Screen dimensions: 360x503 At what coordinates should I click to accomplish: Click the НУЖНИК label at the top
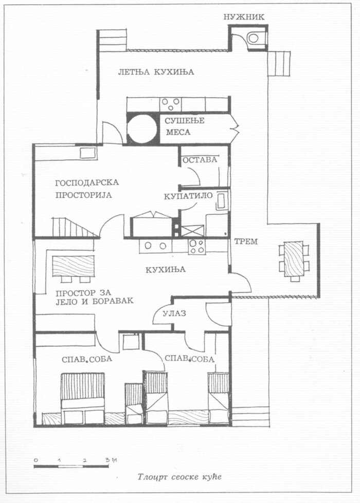(244, 17)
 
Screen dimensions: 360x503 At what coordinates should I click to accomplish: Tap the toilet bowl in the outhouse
(254, 38)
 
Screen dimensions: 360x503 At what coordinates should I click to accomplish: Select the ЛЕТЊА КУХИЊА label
(156, 72)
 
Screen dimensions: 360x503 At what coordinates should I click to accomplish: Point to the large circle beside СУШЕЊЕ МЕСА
(141, 128)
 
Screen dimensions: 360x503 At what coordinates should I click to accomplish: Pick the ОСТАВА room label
(200, 160)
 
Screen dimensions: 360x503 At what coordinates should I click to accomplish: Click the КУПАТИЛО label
(188, 196)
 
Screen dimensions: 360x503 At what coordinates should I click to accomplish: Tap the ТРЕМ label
(246, 241)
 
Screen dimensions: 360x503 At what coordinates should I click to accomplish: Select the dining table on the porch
(294, 259)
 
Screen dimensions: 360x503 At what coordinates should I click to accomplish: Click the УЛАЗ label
(174, 313)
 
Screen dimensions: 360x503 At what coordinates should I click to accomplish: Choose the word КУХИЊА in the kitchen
(166, 270)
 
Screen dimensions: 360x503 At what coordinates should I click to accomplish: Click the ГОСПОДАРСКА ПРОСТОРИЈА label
(87, 189)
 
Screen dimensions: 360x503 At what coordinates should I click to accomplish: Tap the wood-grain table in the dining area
(73, 266)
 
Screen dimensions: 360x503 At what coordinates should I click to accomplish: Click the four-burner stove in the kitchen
(197, 247)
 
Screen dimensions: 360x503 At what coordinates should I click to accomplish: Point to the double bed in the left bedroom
(82, 398)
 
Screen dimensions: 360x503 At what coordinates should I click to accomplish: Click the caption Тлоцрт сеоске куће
(180, 477)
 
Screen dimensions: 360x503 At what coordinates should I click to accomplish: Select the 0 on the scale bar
(35, 460)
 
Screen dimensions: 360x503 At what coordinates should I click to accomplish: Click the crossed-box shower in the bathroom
(192, 231)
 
